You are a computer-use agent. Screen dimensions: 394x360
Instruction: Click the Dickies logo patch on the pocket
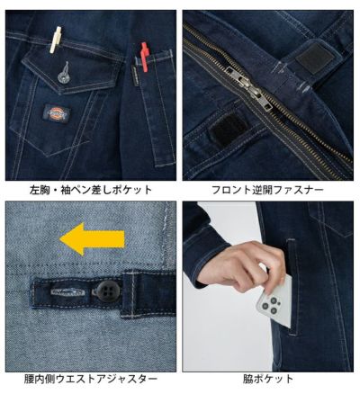tap(60, 114)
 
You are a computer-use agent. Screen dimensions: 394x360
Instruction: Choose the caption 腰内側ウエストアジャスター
tap(90, 381)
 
